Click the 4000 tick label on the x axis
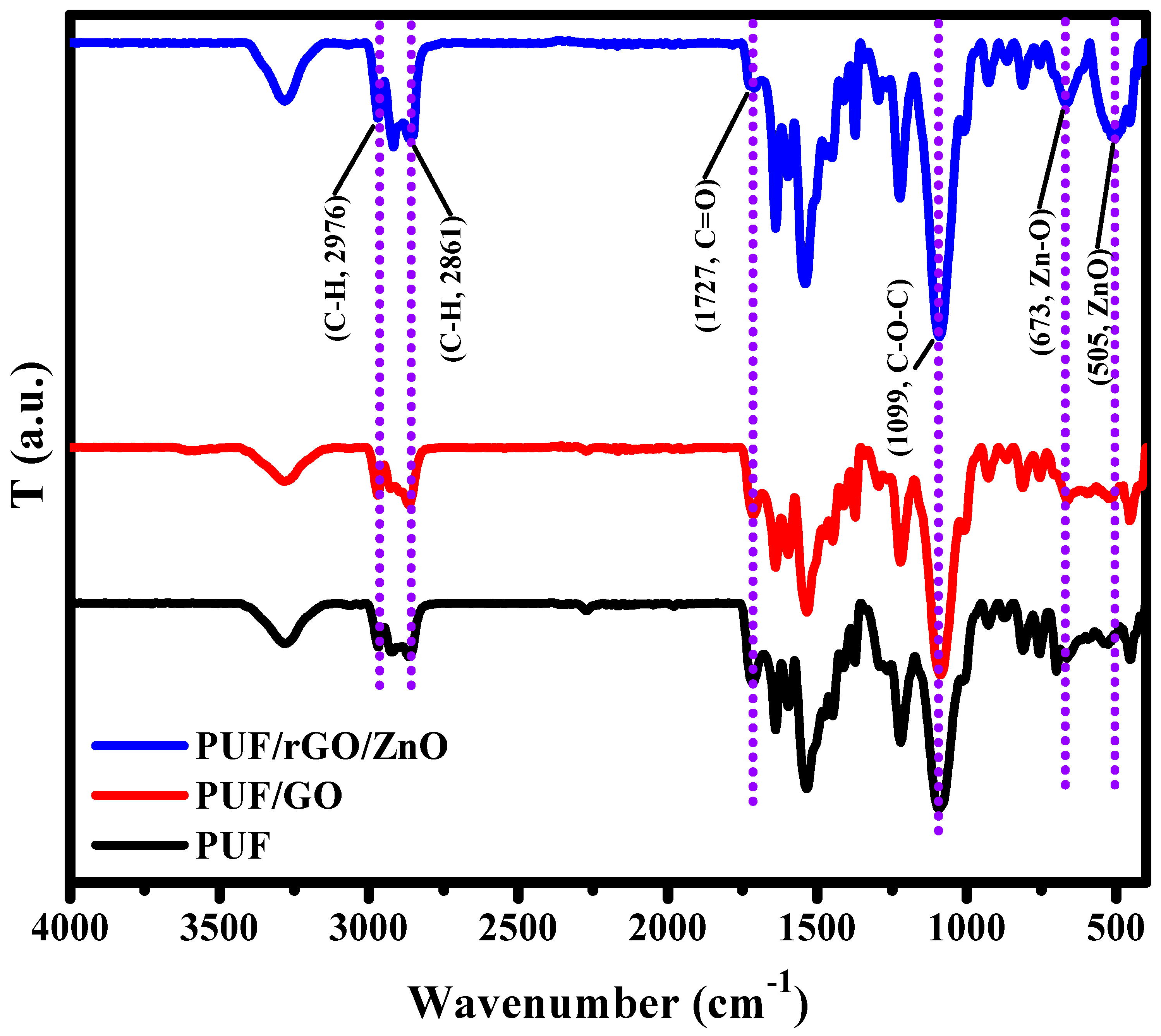69,929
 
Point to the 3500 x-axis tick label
219,929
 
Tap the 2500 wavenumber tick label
517,929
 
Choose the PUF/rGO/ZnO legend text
321,746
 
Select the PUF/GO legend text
269,796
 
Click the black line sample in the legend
139,845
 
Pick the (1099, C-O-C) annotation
901,367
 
